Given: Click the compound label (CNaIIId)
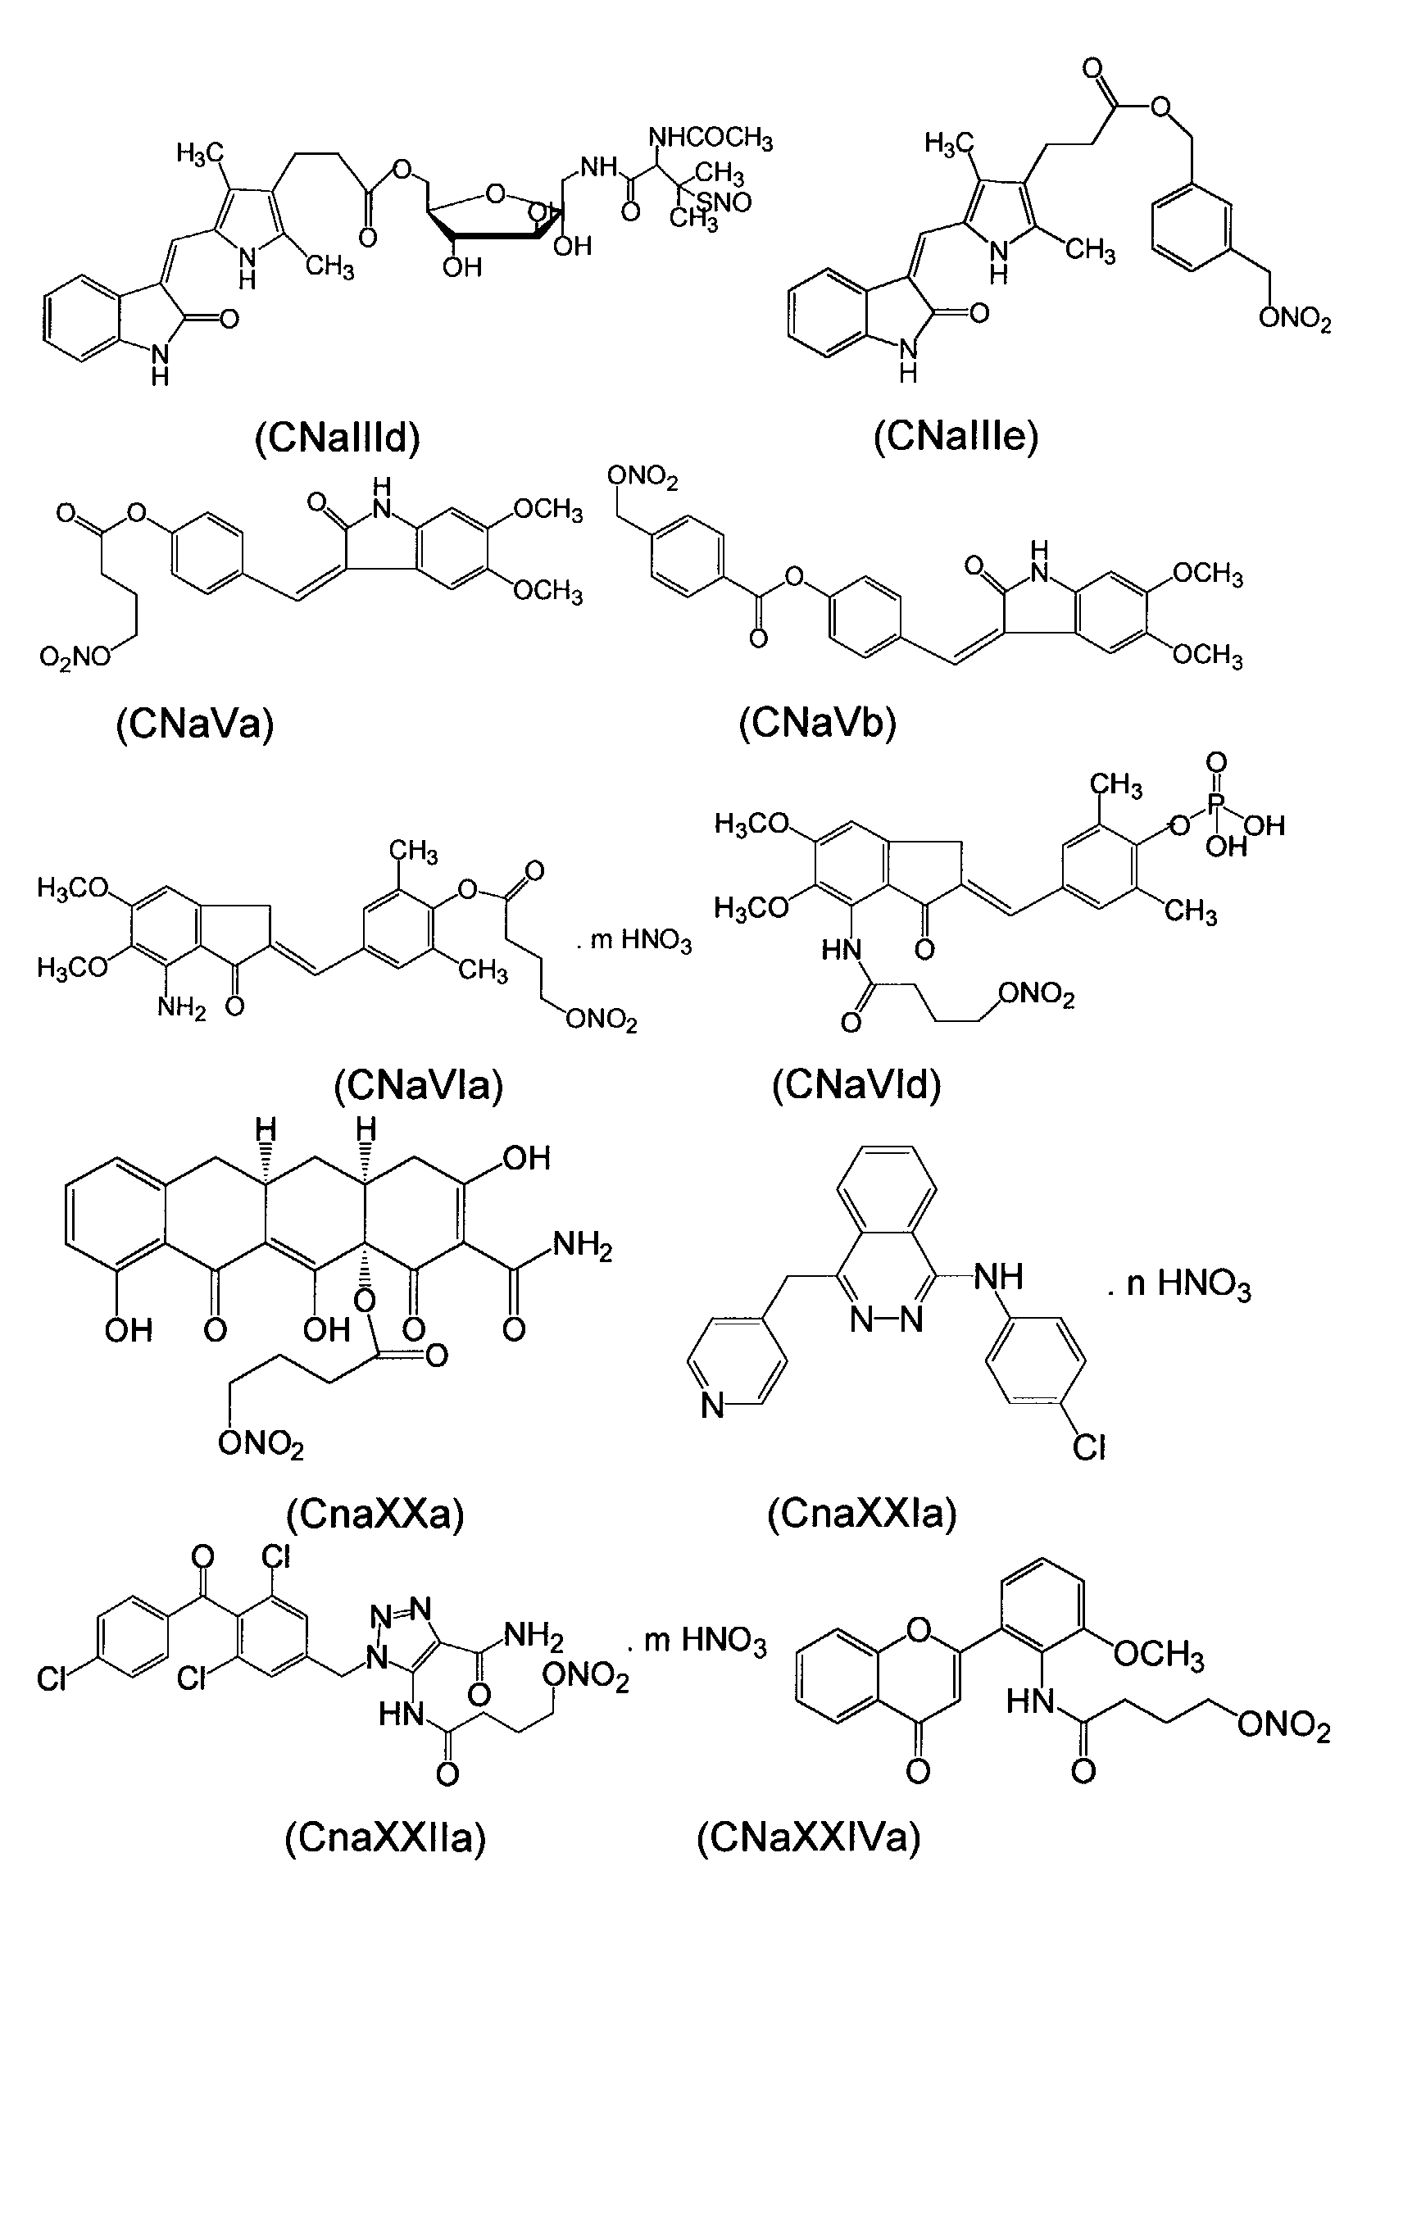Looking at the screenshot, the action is coord(337,436).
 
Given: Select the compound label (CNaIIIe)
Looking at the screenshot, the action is coord(956,435).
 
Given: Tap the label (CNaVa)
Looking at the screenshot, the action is coord(195,724).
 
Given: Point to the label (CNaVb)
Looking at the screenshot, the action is coord(818,722).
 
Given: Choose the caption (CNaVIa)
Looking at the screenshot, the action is coord(419,1084).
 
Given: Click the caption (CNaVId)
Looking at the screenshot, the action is coord(856,1083).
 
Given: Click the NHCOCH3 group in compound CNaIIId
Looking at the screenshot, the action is coord(711,138).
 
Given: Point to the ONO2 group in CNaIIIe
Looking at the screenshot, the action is coord(1295,320).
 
